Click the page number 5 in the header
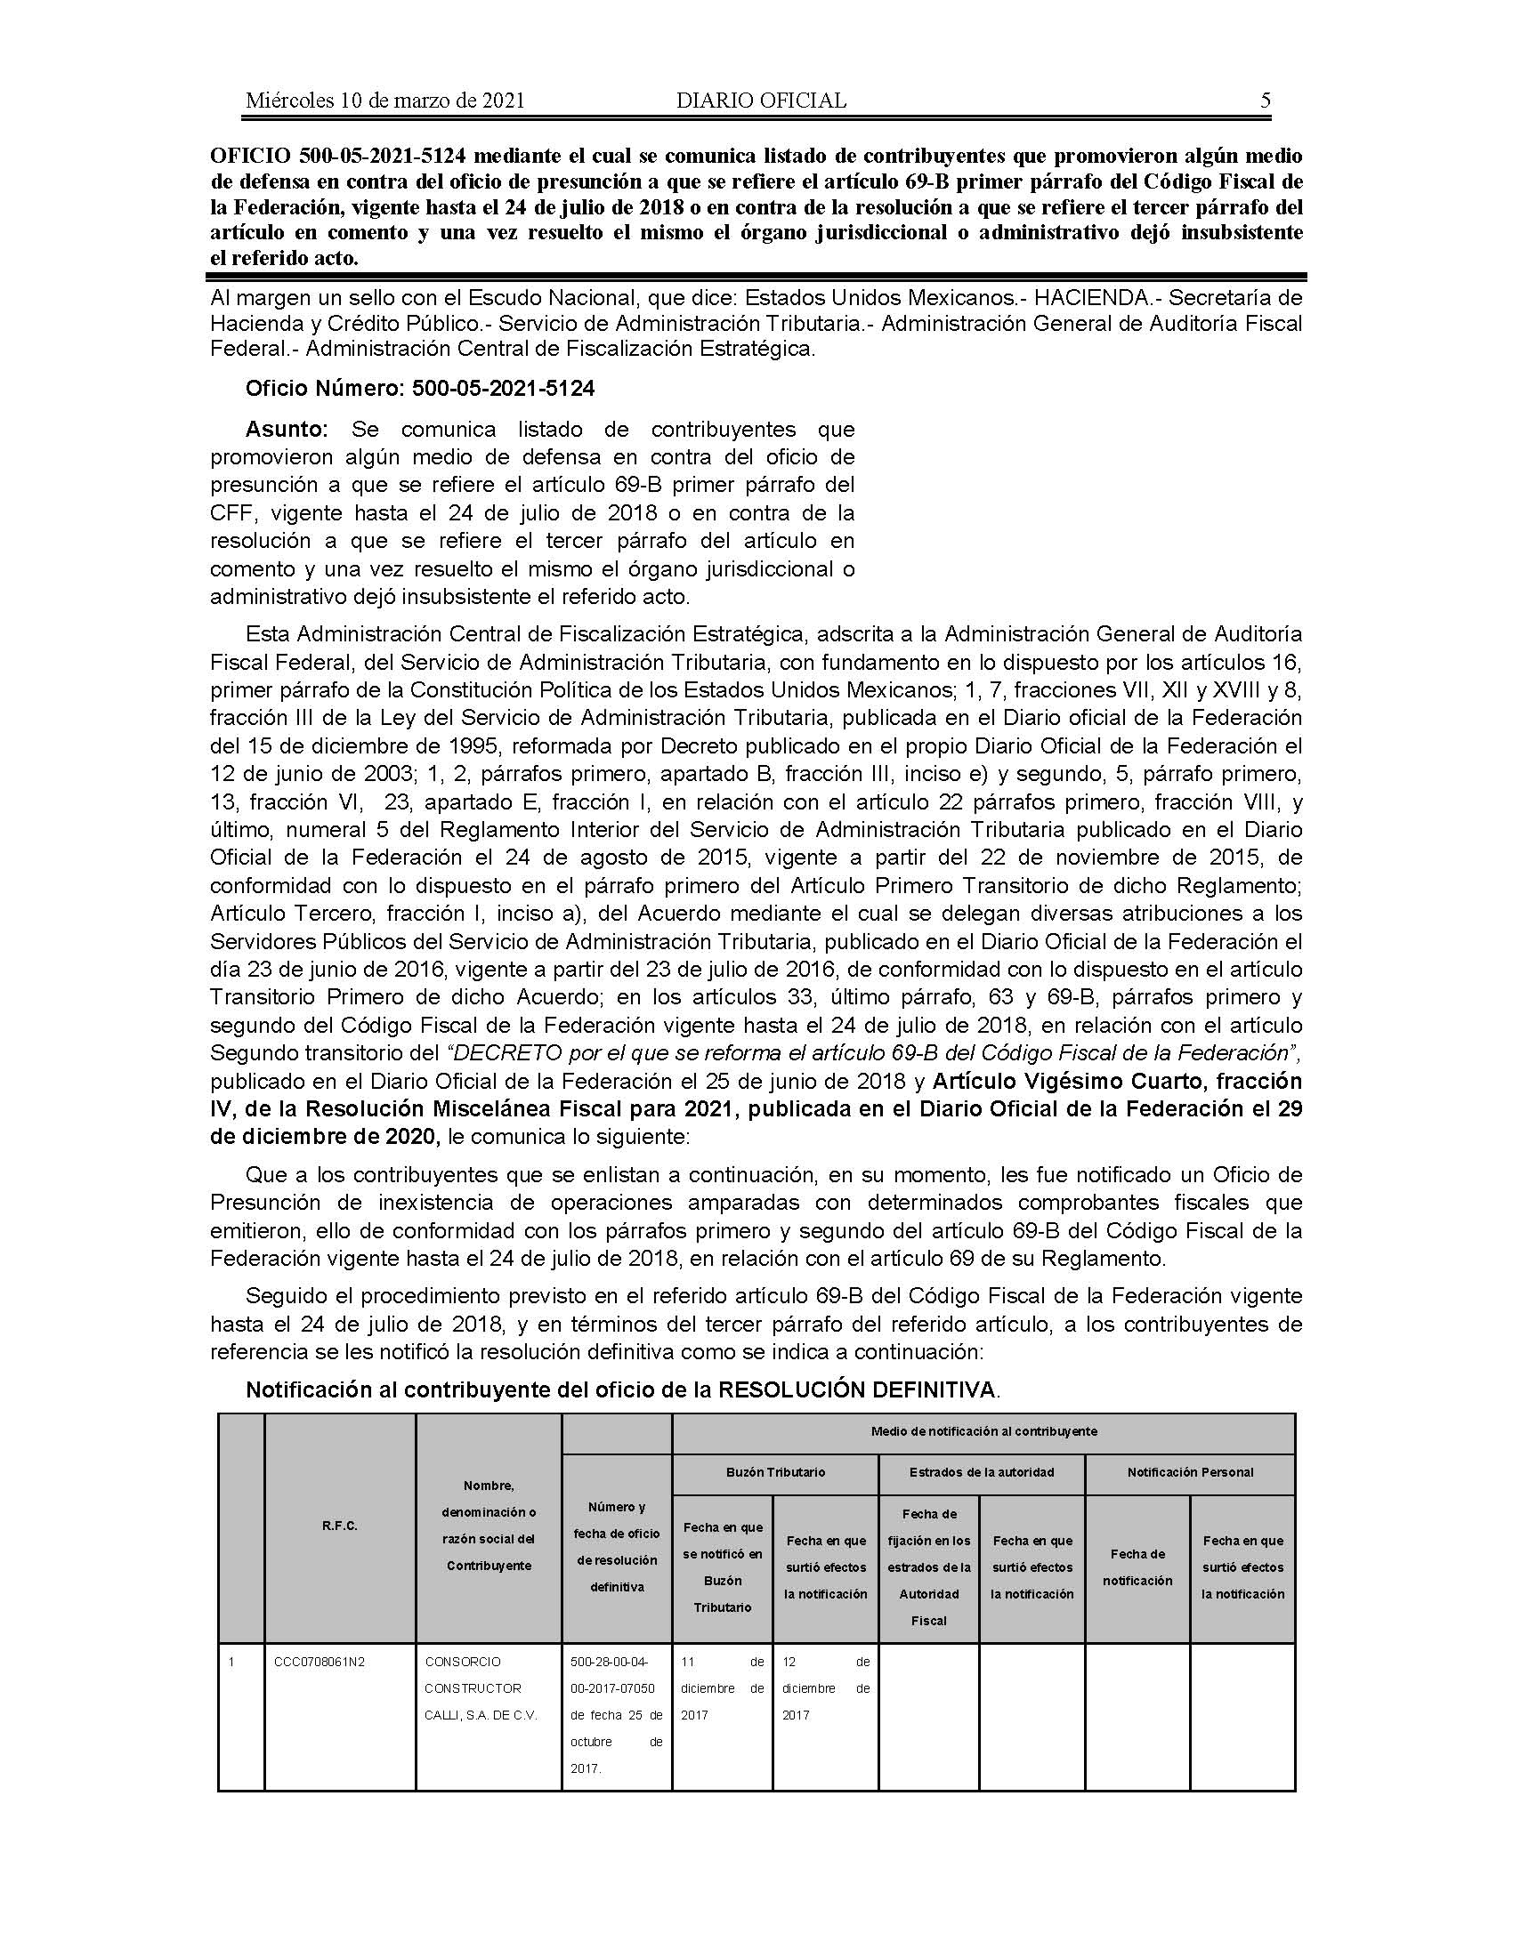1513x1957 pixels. click(x=1265, y=101)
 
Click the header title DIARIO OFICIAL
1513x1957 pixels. click(x=761, y=101)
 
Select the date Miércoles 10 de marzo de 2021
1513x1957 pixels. click(x=384, y=101)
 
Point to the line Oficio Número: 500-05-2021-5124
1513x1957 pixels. click(x=420, y=389)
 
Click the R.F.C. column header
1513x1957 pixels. click(x=340, y=1526)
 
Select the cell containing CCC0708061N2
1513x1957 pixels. click(x=320, y=1663)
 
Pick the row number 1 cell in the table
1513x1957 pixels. click(x=231, y=1663)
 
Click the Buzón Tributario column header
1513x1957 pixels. click(x=775, y=1472)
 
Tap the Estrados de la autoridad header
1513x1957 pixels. click(x=982, y=1472)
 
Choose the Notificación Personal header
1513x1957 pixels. click(x=1189, y=1472)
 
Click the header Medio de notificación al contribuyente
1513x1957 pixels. click(x=983, y=1431)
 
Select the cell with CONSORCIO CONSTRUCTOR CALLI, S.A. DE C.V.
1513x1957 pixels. click(x=481, y=1688)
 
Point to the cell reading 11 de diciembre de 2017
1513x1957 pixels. click(x=722, y=1688)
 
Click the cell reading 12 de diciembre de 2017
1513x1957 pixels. click(x=825, y=1688)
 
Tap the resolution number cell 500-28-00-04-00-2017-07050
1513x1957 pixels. click(x=616, y=1675)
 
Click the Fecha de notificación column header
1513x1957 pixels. click(x=1137, y=1567)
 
